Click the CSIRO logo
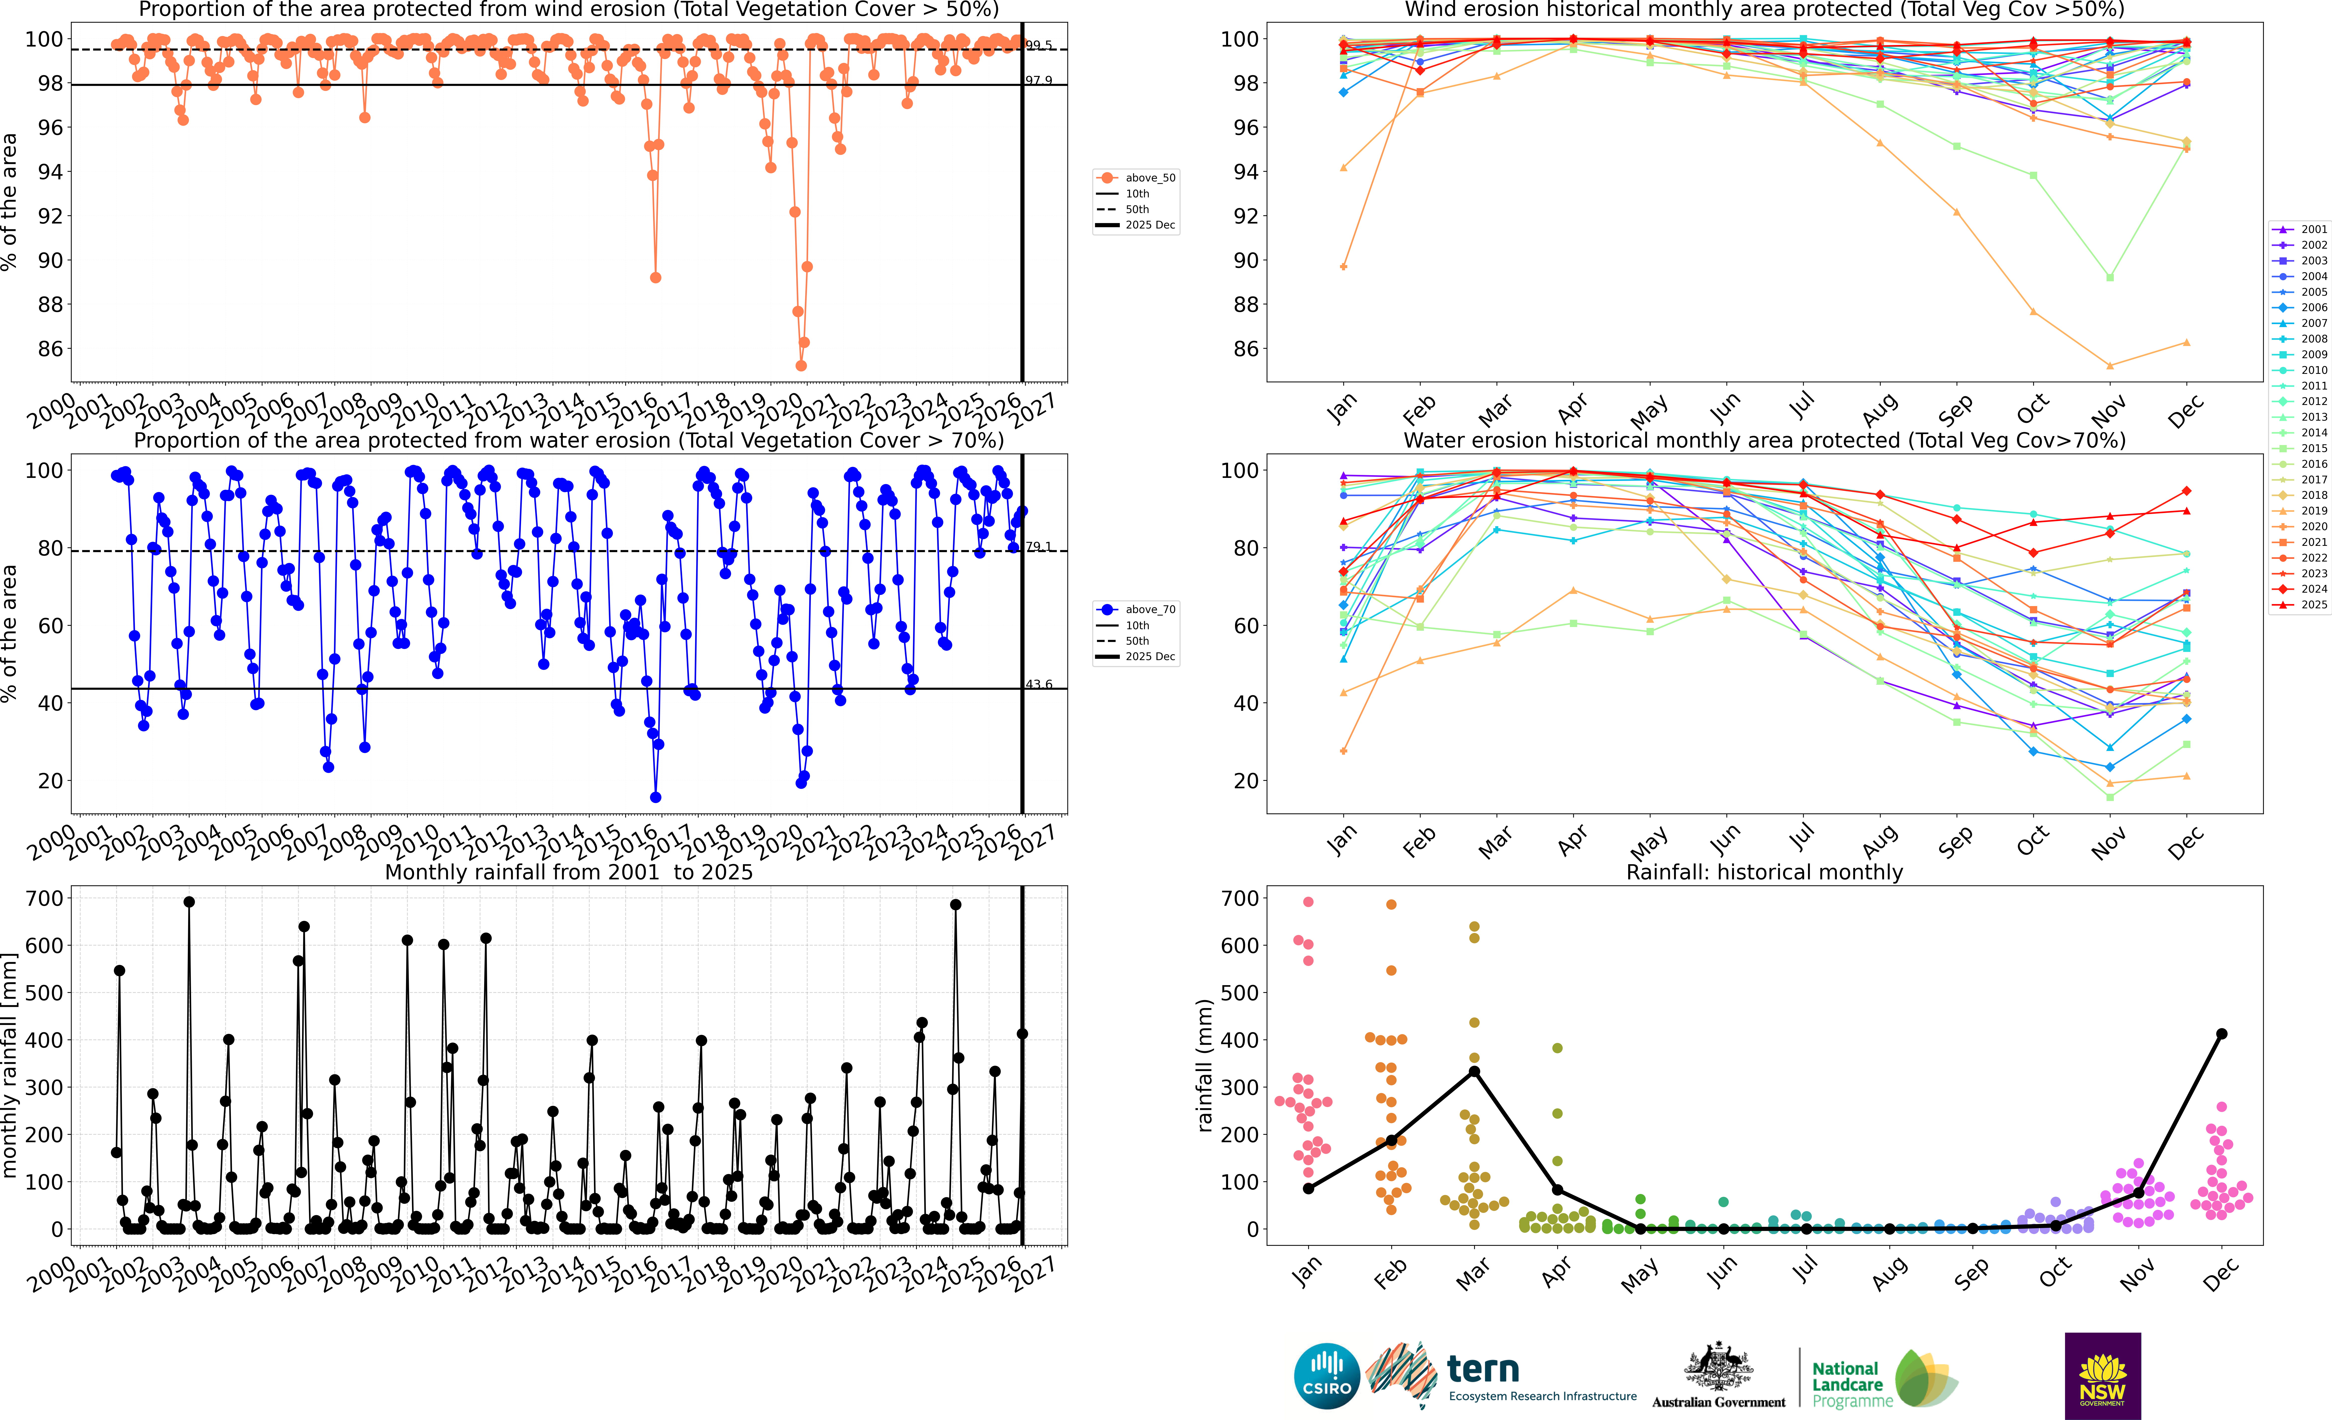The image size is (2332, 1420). click(x=1327, y=1375)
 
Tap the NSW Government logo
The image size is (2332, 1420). click(x=2102, y=1375)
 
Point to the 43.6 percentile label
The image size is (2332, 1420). click(x=1038, y=683)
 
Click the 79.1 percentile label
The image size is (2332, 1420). click(x=1038, y=546)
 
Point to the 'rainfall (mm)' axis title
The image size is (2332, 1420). click(x=1204, y=1065)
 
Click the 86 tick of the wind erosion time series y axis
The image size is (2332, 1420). click(x=50, y=348)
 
